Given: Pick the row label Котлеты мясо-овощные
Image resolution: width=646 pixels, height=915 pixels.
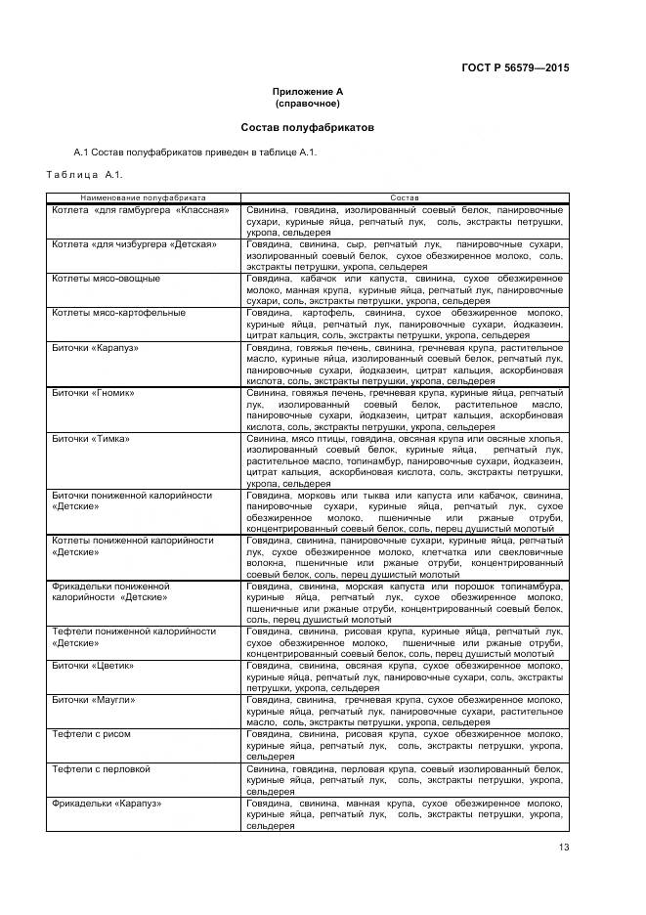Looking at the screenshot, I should pyautogui.click(x=106, y=279).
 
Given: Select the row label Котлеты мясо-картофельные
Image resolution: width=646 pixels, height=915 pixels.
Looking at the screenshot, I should pyautogui.click(x=117, y=313).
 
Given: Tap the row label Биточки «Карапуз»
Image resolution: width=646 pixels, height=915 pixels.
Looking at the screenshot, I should pyautogui.click(x=94, y=347).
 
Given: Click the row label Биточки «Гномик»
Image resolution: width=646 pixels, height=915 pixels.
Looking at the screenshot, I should pyautogui.click(x=92, y=393).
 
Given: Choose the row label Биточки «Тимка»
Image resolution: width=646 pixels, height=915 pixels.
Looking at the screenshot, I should pyautogui.click(x=90, y=438).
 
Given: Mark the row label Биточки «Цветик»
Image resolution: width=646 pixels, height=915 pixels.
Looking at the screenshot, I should pyautogui.click(x=92, y=693).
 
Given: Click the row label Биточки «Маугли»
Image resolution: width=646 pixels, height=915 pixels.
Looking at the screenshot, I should pyautogui.click(x=93, y=727).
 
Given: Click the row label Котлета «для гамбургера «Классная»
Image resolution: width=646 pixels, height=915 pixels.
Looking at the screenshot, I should pyautogui.click(x=140, y=210).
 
